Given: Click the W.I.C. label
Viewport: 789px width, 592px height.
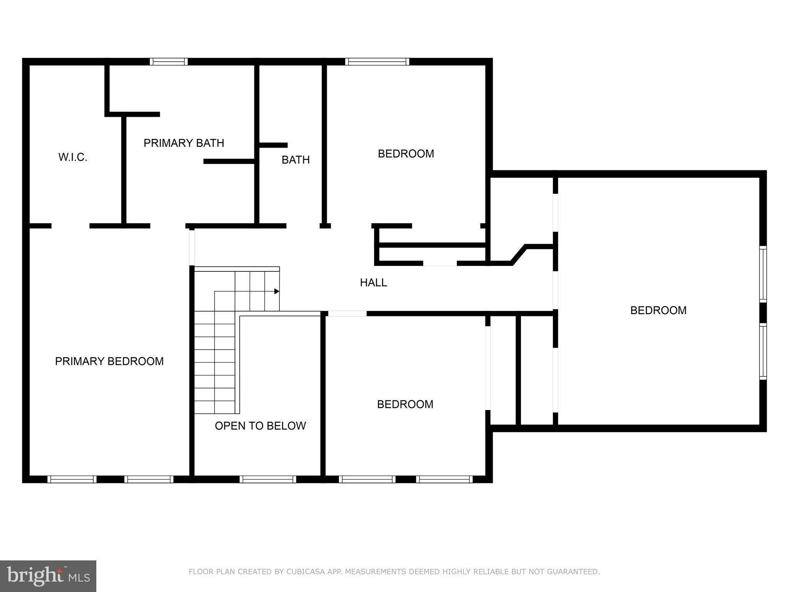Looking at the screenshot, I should (x=73, y=157).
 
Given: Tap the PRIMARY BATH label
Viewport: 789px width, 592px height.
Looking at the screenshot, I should (x=184, y=143).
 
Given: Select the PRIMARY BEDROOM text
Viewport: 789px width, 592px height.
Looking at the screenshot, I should (x=109, y=361).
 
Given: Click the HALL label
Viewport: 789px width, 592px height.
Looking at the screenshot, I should (x=373, y=283).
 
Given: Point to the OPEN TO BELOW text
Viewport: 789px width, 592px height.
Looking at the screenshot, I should (x=260, y=425).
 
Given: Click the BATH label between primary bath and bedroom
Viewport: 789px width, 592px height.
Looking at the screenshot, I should (x=295, y=160).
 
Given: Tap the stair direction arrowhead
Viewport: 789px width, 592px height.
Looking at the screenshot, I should (x=277, y=291).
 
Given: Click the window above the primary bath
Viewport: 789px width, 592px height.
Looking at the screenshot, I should (x=169, y=62).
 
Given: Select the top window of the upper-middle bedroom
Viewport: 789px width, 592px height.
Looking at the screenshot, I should (x=377, y=62).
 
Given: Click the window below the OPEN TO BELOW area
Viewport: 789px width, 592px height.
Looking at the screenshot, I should (x=268, y=479).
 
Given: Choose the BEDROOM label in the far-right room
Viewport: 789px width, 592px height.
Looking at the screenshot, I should (x=658, y=310).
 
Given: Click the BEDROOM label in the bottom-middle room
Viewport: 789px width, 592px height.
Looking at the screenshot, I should (x=405, y=404).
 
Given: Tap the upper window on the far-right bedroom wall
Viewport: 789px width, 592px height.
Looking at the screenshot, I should (x=763, y=274).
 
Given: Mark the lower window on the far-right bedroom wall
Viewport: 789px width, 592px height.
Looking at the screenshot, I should (x=763, y=351).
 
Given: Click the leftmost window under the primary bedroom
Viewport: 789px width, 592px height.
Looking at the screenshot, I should (x=72, y=479).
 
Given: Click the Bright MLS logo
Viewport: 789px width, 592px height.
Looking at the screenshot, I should (x=48, y=576).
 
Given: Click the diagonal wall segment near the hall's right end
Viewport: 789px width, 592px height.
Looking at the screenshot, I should (x=518, y=255).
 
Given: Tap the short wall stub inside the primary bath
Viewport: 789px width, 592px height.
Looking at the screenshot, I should (x=229, y=161).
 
